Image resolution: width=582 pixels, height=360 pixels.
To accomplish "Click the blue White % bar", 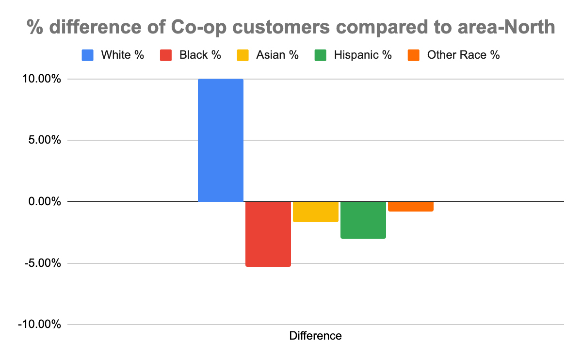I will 221,140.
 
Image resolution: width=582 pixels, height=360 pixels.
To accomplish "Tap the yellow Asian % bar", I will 316,212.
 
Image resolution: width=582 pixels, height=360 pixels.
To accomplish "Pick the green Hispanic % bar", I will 363,220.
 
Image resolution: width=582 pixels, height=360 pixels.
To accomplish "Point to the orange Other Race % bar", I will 411,206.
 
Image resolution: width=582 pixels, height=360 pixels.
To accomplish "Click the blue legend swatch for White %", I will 88,55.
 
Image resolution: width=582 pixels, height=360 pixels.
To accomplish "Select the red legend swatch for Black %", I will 166,55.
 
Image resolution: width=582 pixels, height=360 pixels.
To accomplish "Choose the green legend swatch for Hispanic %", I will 321,55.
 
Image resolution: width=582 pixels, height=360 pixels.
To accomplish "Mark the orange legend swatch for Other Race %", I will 414,55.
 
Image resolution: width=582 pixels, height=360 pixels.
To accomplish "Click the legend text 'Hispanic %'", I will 363,55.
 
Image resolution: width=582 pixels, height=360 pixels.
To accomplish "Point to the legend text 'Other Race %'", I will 463,55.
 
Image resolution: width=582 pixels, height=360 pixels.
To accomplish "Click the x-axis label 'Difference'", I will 316,336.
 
